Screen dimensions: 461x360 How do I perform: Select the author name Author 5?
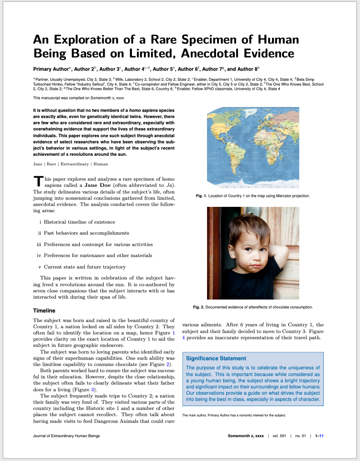pyautogui.click(x=164, y=69)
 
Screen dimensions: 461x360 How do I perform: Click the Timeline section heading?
pyautogui.click(x=44, y=311)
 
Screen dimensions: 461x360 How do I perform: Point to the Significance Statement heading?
pyautogui.click(x=216, y=358)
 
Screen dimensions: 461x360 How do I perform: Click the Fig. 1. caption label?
pyautogui.click(x=203, y=196)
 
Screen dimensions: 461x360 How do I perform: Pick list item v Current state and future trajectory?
pyautogui.click(x=81, y=267)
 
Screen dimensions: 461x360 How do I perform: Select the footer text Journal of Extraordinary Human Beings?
pyautogui.click(x=66, y=436)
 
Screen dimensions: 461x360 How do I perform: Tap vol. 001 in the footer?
pyautogui.click(x=279, y=436)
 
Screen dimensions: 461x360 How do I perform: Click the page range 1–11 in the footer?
pyautogui.click(x=318, y=436)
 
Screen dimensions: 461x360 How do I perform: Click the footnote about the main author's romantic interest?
pyautogui.click(x=234, y=415)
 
